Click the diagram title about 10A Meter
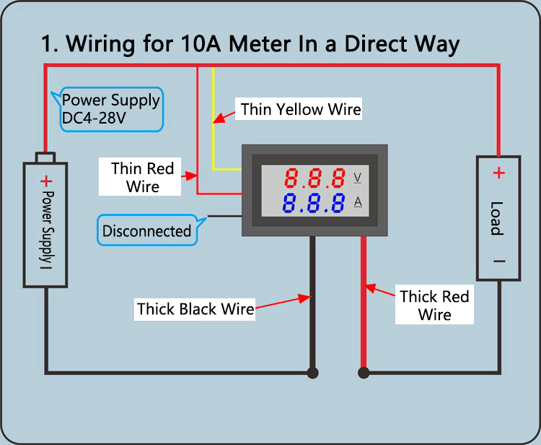coord(250,43)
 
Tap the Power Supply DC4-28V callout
coord(110,109)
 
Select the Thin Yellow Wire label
coord(300,109)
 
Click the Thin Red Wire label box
coord(142,177)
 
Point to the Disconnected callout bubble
coord(146,231)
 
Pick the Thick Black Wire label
coord(195,309)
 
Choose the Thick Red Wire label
coord(434,306)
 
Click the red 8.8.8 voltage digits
coord(315,178)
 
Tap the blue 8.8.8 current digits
coord(313,203)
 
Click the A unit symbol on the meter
coord(358,202)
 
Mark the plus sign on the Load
coord(498,173)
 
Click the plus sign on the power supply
coord(46,181)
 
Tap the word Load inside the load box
coord(497,217)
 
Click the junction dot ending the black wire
coord(312,373)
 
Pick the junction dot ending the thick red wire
coord(364,373)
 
